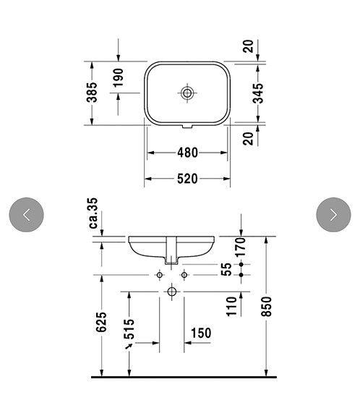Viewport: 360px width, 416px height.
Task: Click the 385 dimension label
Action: (93, 93)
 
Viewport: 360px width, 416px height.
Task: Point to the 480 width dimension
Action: (188, 153)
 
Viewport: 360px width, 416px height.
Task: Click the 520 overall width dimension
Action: (187, 178)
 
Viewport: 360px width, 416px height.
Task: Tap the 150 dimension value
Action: (201, 334)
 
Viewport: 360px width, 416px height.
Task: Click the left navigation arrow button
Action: (27, 214)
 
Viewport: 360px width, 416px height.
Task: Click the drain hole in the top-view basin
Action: (187, 93)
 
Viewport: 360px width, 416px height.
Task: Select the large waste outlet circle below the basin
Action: (172, 292)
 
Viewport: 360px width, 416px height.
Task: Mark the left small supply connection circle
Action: (159, 275)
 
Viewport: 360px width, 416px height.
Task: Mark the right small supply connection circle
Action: (184, 275)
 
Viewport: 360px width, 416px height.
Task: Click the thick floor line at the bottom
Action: (184, 378)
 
